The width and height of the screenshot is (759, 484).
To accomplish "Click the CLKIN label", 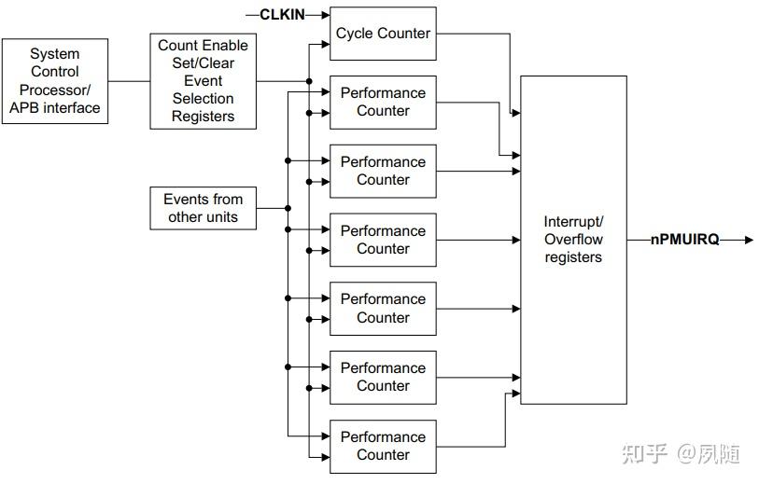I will click(282, 14).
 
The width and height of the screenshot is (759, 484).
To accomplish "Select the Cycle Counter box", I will click(383, 34).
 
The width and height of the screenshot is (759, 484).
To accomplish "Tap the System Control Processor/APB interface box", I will click(55, 81).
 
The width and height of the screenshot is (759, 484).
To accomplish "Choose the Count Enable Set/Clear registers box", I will click(203, 81).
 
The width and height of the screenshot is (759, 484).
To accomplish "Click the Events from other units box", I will click(203, 208).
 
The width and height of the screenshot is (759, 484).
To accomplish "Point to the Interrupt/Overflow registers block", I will click(573, 240).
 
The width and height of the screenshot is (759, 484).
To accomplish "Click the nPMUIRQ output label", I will click(684, 241).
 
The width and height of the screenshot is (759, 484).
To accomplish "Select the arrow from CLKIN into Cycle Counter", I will click(318, 15).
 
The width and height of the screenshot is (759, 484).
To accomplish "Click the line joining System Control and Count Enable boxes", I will click(129, 81).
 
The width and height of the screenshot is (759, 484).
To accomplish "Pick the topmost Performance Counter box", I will click(383, 103).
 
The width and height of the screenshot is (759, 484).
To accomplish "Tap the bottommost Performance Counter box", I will click(383, 446).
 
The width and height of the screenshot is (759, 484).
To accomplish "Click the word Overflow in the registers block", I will click(573, 240).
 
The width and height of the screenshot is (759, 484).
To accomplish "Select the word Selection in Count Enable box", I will click(203, 99).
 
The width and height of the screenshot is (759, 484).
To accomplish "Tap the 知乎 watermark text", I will click(645, 454).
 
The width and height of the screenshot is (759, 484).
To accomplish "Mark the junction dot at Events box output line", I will click(288, 208).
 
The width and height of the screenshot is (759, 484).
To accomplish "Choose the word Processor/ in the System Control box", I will click(55, 90).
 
